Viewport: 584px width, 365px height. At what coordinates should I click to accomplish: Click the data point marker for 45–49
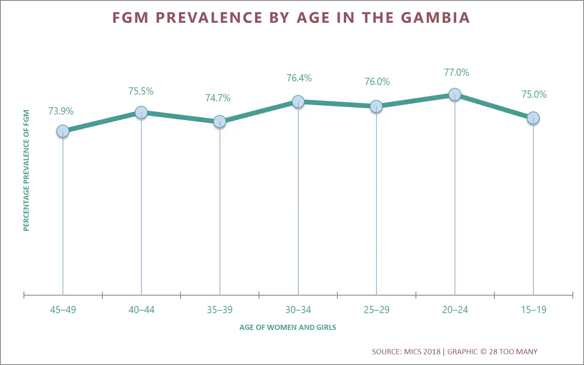[x=63, y=131]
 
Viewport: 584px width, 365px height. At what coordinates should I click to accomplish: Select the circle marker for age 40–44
[x=141, y=112]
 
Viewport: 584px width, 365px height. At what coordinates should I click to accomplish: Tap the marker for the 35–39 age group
[x=219, y=122]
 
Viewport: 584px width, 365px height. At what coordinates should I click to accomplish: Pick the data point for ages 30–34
[x=298, y=102]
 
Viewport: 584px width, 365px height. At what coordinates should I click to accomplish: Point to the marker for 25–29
[x=376, y=107]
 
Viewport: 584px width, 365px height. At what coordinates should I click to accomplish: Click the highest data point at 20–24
[x=455, y=95]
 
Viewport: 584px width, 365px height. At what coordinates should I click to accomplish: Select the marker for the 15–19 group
[x=533, y=118]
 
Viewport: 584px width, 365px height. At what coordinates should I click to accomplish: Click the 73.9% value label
[x=61, y=111]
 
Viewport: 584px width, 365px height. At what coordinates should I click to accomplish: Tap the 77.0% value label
[x=457, y=73]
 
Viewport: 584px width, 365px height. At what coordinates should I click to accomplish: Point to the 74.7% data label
[x=218, y=98]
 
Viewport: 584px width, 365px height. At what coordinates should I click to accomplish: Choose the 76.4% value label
[x=299, y=78]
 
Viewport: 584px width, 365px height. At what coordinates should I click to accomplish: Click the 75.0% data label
[x=534, y=95]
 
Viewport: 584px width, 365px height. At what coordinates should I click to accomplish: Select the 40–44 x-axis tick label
[x=141, y=310]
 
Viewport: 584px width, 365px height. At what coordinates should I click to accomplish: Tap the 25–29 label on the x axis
[x=376, y=310]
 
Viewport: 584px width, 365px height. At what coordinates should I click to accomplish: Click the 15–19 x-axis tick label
[x=534, y=310]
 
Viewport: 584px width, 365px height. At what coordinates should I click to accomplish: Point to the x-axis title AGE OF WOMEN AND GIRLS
[x=288, y=328]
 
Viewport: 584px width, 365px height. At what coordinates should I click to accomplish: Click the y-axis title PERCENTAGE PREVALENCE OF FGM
[x=26, y=170]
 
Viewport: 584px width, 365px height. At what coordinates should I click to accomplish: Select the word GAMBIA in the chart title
[x=435, y=18]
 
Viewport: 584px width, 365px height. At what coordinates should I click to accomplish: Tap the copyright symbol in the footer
[x=483, y=352]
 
